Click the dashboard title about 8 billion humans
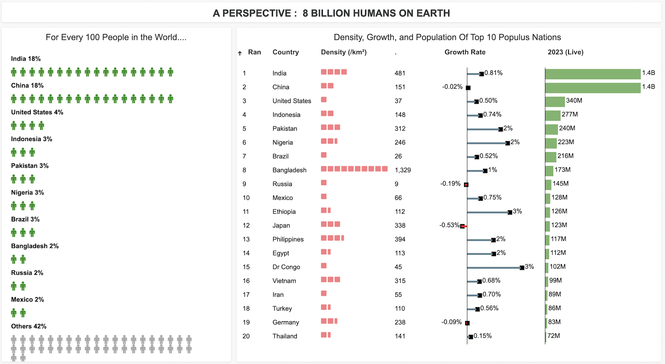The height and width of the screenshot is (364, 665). [x=331, y=13]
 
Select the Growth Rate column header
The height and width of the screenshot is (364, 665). [x=465, y=52]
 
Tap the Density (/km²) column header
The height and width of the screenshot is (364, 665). [x=344, y=52]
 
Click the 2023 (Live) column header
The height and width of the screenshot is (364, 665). [x=565, y=52]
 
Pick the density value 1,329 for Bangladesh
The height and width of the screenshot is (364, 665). [x=402, y=170]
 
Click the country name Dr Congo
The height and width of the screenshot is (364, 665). [x=286, y=267]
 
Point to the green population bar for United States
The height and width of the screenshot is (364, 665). [x=555, y=102]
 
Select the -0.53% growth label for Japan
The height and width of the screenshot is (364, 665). [x=449, y=225]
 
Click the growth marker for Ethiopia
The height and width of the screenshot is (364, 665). [x=510, y=212]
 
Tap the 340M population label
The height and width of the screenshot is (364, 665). [x=574, y=101]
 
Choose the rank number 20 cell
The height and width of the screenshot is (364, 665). [x=246, y=336]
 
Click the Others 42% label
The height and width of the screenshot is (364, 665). [x=29, y=326]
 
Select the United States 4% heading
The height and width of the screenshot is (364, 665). [x=37, y=112]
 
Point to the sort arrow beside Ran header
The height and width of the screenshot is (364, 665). [x=240, y=53]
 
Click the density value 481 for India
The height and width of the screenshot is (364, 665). [x=400, y=73]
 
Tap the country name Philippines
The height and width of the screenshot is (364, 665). [x=288, y=239]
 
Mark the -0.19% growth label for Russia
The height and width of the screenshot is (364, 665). [x=450, y=184]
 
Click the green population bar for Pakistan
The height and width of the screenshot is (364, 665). [x=551, y=130]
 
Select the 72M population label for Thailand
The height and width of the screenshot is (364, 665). [x=554, y=336]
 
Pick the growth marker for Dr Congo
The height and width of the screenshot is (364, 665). [x=522, y=268]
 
